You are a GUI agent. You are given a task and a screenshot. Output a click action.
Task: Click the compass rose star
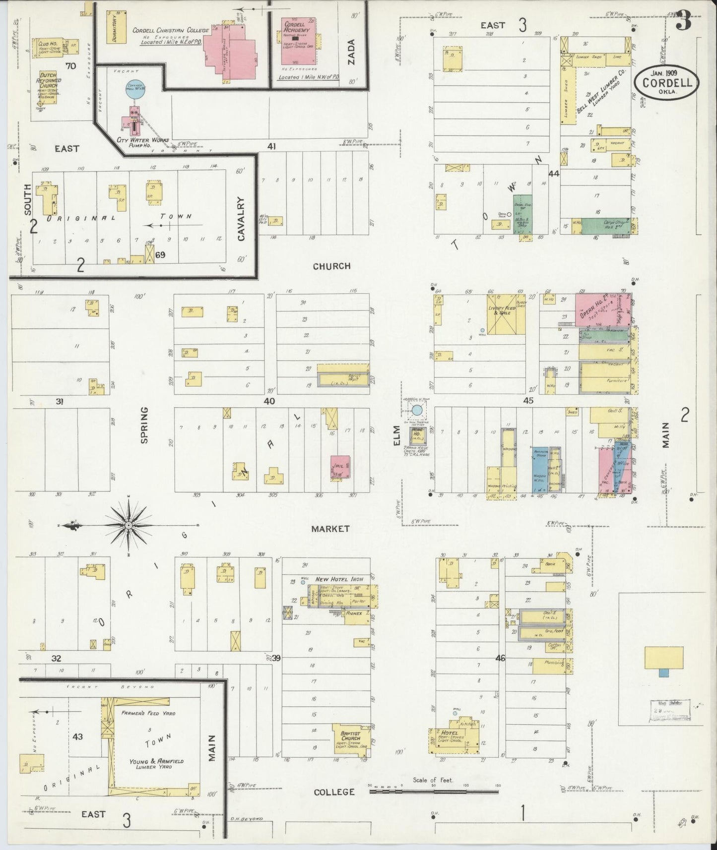pos(129,525)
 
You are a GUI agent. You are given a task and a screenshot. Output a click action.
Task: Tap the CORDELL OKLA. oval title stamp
pos(667,83)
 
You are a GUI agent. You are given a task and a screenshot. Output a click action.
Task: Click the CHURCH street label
pos(331,266)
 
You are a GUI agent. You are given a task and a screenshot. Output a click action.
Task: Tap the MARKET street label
pos(330,529)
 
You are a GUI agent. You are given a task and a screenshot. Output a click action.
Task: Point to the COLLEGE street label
pos(334,792)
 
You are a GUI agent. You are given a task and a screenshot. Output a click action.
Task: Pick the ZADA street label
pos(353,62)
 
